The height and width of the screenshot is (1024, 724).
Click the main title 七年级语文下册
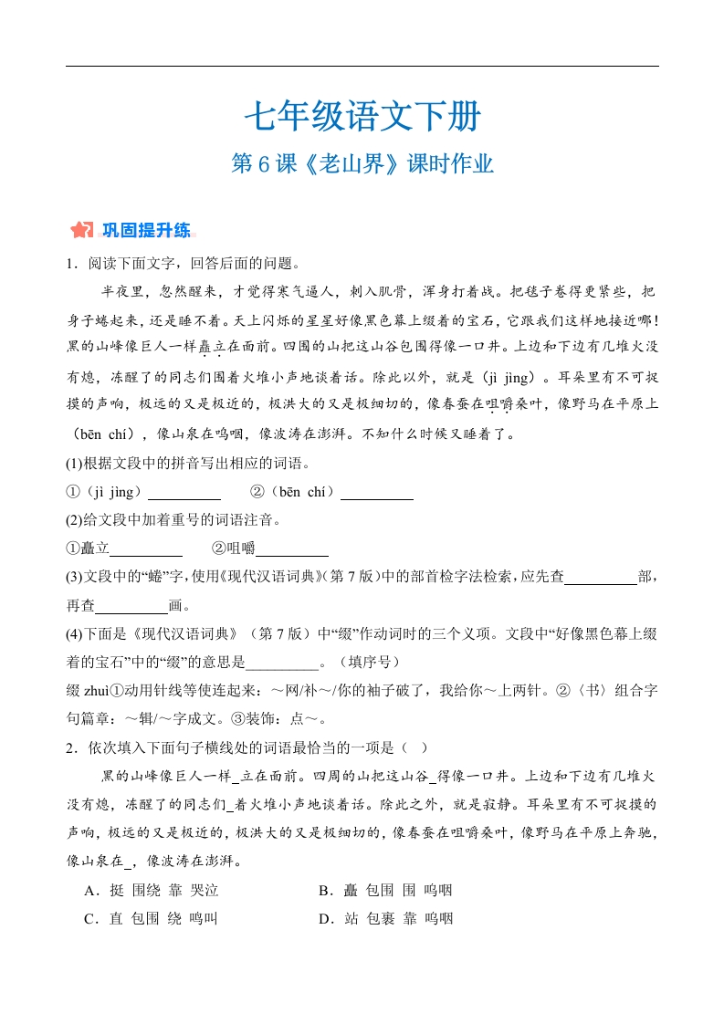click(x=362, y=117)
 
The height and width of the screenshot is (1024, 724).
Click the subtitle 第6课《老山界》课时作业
click(x=362, y=164)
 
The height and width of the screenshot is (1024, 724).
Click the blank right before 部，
click(x=601, y=578)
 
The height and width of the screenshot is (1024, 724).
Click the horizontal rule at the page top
click(x=362, y=66)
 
